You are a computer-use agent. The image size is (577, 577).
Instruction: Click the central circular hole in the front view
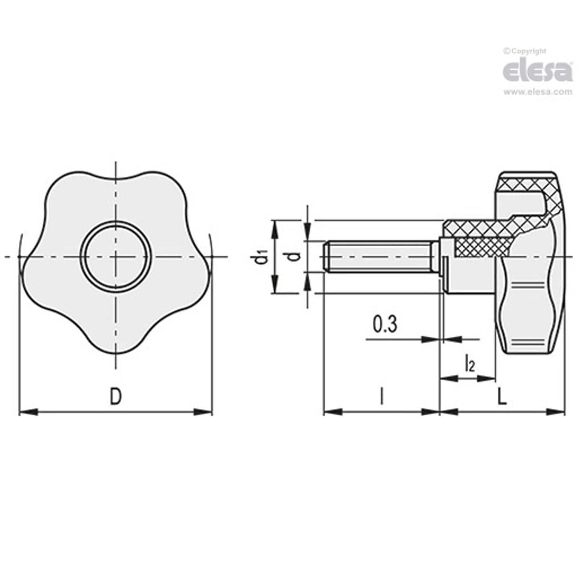(115, 257)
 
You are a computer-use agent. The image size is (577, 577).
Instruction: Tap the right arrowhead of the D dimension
(204, 412)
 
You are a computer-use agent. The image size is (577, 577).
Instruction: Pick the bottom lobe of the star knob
(115, 342)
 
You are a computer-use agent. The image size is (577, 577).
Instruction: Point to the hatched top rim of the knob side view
(525, 181)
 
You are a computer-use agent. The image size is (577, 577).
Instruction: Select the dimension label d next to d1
(295, 257)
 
